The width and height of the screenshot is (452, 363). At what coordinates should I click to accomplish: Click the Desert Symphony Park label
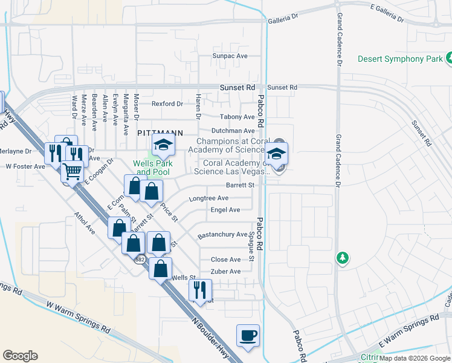(399, 59)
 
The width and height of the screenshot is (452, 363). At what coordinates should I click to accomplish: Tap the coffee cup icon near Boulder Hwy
(248, 336)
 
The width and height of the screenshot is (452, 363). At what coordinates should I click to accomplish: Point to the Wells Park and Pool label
(153, 168)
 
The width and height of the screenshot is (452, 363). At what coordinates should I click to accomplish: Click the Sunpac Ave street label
(230, 56)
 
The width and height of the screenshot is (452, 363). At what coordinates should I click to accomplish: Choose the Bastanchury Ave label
(222, 235)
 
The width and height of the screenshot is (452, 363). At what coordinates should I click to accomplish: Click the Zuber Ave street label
(225, 272)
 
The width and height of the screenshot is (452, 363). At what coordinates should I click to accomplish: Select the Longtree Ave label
(208, 198)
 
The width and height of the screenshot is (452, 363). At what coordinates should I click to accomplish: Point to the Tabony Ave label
(237, 117)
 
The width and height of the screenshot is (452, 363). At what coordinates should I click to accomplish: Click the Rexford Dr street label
(167, 104)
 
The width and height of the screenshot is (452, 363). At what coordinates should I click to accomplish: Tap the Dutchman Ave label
(233, 131)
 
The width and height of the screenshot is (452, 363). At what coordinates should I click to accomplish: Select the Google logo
(20, 356)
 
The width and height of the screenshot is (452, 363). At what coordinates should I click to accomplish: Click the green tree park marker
(343, 258)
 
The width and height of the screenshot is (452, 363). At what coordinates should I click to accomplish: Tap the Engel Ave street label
(225, 210)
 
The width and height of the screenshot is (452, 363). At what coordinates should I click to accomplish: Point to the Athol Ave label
(85, 223)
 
